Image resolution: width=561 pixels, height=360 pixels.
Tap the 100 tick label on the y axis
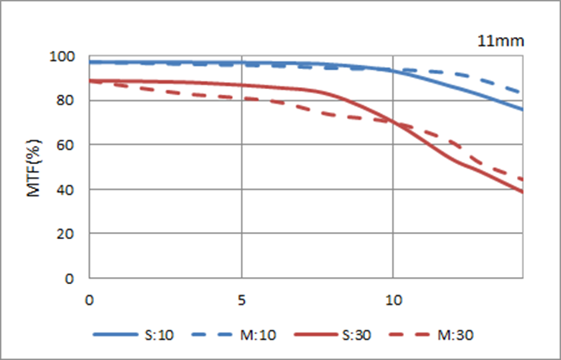point(66,56)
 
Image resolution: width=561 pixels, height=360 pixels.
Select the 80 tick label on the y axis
point(70,101)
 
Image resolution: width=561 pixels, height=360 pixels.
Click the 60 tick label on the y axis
point(70,145)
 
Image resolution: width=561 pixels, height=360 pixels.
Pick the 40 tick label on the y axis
point(70,190)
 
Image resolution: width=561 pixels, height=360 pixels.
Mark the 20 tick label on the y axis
point(70,234)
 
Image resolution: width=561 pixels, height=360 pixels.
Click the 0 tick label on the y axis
point(73,279)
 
